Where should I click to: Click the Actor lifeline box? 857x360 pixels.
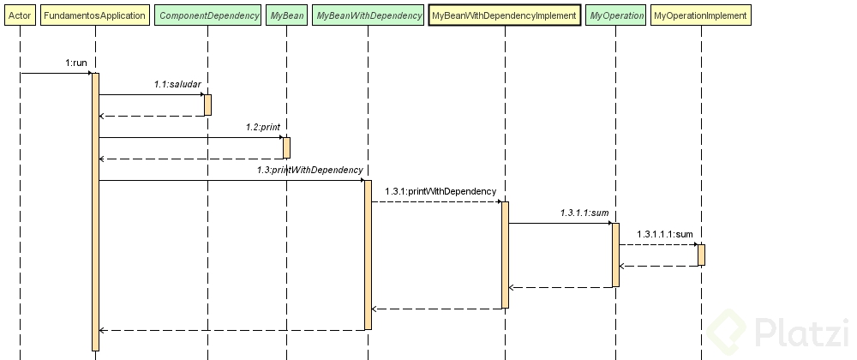tap(19, 15)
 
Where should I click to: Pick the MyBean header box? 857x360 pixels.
tap(286, 15)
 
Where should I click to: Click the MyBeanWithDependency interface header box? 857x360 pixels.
tap(369, 15)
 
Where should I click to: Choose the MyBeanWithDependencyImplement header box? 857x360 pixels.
tap(505, 15)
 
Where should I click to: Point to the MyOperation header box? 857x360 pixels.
tap(616, 15)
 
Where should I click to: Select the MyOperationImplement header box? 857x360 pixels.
tap(700, 15)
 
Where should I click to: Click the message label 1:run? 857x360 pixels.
tap(75, 63)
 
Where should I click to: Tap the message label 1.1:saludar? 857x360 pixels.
tap(177, 84)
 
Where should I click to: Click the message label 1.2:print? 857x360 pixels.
tap(263, 127)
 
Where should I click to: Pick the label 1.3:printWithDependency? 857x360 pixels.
tap(309, 170)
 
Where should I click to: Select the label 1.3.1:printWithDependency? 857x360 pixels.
tap(440, 191)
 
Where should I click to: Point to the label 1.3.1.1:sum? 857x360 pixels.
tap(584, 213)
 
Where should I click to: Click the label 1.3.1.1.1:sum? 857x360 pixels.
tap(665, 234)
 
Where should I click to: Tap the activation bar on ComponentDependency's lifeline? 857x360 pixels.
tap(207, 105)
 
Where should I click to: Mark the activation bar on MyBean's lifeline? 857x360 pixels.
tap(286, 147)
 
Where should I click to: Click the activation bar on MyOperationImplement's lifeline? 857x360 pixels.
tap(701, 255)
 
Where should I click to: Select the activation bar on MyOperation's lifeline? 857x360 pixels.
tap(615, 255)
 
